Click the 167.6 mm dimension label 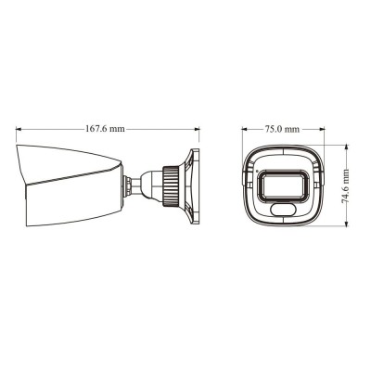pos(103,129)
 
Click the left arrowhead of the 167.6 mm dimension pos(19,129)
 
